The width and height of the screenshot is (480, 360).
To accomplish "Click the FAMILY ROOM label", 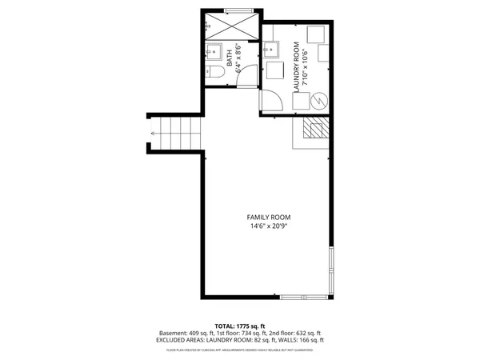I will pos(268,218).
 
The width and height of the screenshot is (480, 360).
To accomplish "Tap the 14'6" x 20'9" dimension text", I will pos(268,226).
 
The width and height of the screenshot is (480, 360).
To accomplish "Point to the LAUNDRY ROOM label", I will pos(296,66).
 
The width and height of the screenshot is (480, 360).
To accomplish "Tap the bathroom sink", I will pos(213,53).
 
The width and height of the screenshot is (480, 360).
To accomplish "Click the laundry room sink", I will pos(271,51).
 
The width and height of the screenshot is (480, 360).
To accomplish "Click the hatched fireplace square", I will pos(314,130).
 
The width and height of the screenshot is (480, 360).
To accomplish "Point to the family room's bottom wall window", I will pos(304,298).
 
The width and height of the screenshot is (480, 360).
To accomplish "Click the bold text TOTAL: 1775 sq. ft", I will pos(239,326).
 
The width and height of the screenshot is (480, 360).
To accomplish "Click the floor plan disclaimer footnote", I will pos(239,350).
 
